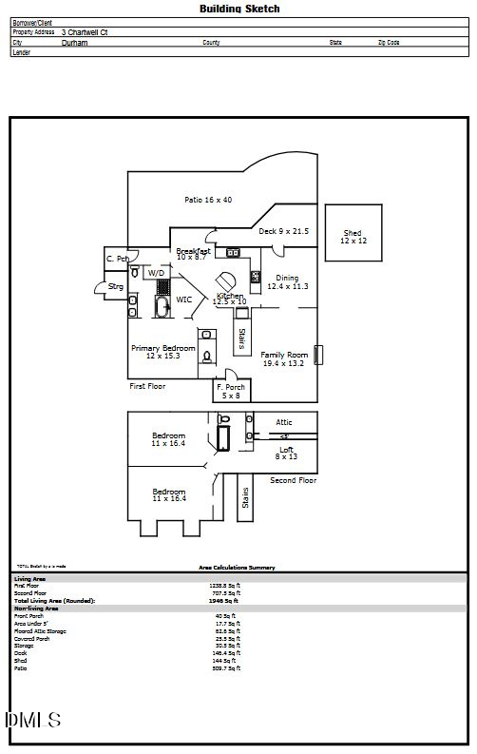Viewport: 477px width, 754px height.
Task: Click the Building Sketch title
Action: (239, 9)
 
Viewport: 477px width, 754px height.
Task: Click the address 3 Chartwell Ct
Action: (90, 31)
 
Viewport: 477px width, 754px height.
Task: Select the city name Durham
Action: (74, 43)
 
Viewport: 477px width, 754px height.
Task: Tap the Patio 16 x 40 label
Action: (208, 200)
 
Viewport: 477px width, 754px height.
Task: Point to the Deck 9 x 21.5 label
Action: (283, 231)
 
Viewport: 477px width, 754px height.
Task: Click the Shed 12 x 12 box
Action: (353, 237)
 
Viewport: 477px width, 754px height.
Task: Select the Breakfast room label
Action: (193, 254)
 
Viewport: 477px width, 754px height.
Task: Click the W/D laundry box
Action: (156, 272)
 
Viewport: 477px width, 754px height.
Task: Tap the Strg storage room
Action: (114, 286)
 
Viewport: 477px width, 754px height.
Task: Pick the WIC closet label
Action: (184, 300)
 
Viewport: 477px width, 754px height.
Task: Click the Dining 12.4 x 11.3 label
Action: (287, 282)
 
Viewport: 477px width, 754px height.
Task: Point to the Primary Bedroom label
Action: (163, 352)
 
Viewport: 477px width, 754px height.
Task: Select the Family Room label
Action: (283, 359)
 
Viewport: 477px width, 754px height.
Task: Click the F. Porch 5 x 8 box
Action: (232, 391)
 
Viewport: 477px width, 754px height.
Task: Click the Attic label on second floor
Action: (284, 422)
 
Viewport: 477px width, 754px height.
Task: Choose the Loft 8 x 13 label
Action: (286, 453)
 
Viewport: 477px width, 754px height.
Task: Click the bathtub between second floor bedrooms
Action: (224, 438)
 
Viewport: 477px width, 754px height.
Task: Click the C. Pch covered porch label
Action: (117, 259)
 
